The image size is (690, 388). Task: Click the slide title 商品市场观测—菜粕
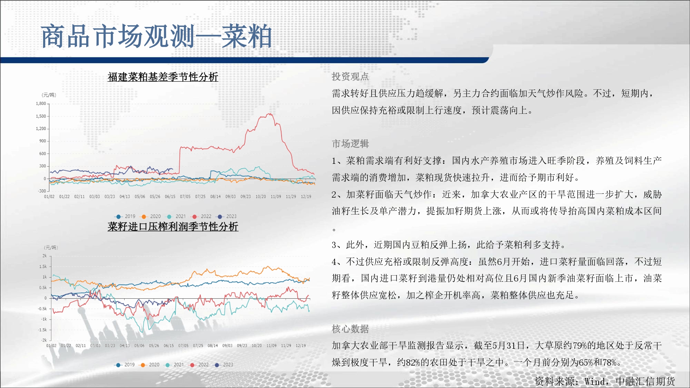tap(156, 36)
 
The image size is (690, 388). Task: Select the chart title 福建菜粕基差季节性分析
tap(163, 77)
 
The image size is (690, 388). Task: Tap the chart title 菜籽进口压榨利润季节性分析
tap(173, 227)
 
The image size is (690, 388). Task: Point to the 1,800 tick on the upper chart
tap(41, 103)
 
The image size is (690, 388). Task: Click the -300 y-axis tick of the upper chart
tap(42, 191)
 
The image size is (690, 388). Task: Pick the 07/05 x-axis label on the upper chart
tap(185, 197)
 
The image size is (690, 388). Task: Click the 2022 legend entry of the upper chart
tap(202, 216)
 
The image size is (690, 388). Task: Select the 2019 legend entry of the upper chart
tap(126, 216)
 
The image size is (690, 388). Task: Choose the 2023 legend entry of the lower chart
tap(224, 365)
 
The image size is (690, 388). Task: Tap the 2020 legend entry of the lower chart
tap(150, 365)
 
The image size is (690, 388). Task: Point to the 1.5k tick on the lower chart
tap(43, 267)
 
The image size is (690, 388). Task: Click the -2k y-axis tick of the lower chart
tap(44, 340)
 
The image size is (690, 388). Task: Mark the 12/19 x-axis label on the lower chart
tap(300, 346)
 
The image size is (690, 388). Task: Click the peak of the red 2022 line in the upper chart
tap(271, 113)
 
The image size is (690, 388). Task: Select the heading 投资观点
tap(350, 77)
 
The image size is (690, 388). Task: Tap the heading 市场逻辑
tap(350, 143)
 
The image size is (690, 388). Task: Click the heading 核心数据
tap(350, 329)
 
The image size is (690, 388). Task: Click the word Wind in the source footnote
tap(594, 381)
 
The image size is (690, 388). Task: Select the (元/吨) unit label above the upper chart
tap(49, 95)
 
